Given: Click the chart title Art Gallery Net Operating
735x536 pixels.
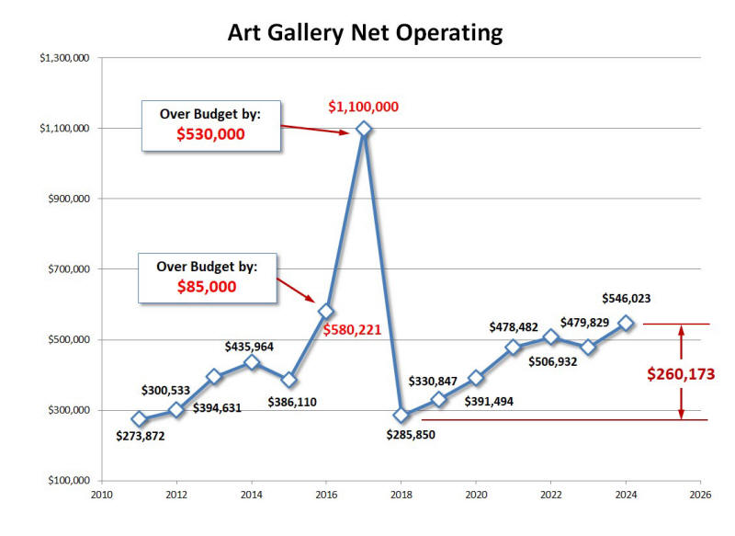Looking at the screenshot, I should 366,33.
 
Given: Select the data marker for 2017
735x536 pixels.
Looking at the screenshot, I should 364,129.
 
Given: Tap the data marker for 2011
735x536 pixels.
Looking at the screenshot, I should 140,419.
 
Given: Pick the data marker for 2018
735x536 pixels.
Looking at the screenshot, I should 401,415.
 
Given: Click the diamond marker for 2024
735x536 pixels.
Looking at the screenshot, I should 626,323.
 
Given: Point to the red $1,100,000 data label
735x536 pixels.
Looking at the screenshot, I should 364,107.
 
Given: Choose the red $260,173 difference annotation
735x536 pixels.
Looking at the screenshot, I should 680,374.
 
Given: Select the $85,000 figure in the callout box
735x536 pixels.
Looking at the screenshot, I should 207,287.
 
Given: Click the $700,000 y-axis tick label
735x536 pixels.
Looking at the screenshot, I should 66,269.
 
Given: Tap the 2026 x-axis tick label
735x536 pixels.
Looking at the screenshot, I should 700,495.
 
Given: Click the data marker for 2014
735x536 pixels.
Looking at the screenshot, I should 252,363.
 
